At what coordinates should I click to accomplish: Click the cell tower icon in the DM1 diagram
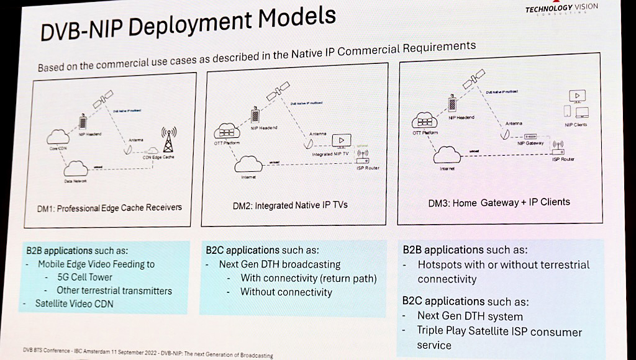[168, 141]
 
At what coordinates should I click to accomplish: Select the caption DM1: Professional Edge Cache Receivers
[109, 207]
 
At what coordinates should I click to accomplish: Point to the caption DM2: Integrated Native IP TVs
[289, 205]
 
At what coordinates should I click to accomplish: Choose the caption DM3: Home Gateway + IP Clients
[499, 202]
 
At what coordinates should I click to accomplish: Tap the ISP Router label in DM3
[563, 159]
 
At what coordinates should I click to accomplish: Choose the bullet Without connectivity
[286, 292]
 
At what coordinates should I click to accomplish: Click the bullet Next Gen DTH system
[470, 317]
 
